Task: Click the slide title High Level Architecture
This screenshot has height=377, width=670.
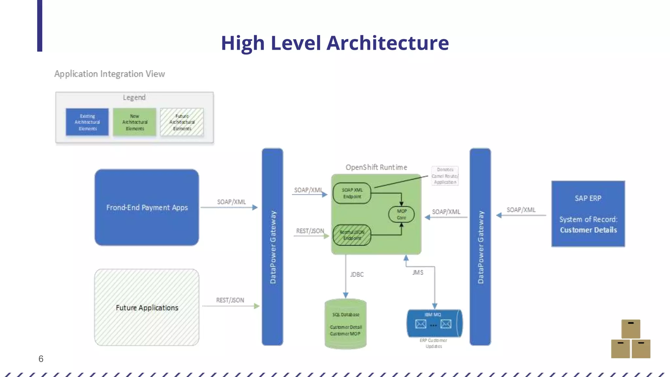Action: click(x=335, y=43)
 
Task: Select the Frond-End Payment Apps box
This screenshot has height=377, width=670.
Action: click(x=147, y=207)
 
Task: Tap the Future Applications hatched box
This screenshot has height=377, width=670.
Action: click(x=147, y=308)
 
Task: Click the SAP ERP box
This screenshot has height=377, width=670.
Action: click(x=588, y=214)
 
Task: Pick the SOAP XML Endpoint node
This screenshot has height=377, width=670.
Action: click(x=352, y=193)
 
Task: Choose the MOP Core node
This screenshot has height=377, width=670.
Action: click(x=401, y=214)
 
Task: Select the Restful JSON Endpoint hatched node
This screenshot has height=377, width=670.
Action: click(x=352, y=235)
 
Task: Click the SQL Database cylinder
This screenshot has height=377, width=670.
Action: click(x=345, y=324)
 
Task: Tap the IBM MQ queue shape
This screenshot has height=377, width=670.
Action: click(x=434, y=323)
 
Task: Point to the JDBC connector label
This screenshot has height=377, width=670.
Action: click(x=357, y=275)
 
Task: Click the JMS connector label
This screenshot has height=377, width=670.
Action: click(x=418, y=273)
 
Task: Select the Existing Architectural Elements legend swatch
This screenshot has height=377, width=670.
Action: click(x=87, y=122)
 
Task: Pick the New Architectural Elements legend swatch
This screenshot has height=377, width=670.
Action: click(x=134, y=122)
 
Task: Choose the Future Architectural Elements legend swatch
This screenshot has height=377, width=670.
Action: click(x=182, y=122)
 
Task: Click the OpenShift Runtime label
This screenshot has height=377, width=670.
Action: click(x=376, y=167)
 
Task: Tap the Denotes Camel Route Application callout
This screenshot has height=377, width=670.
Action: click(x=445, y=176)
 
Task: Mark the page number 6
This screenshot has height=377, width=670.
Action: click(x=41, y=359)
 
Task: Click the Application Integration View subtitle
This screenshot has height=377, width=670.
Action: click(x=110, y=74)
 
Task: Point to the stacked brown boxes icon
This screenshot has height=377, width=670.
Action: click(x=630, y=339)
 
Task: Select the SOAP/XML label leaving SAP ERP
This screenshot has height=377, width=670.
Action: click(x=521, y=210)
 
